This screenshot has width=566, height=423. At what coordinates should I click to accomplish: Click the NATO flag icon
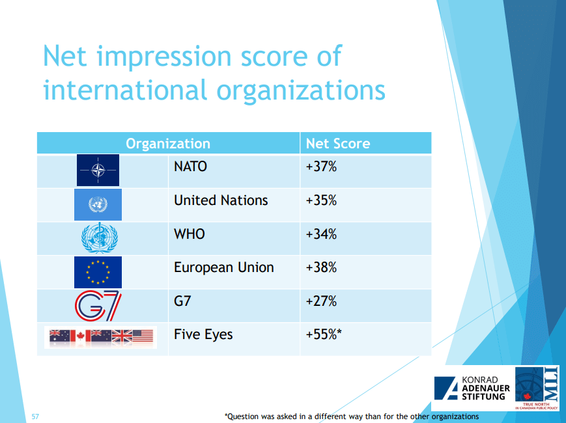pos(98,171)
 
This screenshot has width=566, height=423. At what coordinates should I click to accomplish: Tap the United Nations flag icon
pos(98,204)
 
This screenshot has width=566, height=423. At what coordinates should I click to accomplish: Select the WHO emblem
pos(99,238)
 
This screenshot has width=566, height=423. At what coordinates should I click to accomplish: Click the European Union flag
pos(98,272)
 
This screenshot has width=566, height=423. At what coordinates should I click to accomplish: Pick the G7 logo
pos(98,306)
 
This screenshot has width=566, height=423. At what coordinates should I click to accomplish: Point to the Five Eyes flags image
pos(101,337)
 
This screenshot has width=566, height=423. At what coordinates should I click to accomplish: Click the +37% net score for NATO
pos(321,167)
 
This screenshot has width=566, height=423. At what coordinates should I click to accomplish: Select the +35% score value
pos(321,200)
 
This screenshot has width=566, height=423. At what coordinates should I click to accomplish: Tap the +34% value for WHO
pos(321,234)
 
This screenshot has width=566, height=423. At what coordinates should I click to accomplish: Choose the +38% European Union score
pos(321,267)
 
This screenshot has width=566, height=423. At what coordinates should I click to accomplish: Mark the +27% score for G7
pos(321,301)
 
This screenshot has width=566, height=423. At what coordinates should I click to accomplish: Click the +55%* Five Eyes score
pos(324,334)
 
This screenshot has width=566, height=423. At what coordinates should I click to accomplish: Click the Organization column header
pos(168,144)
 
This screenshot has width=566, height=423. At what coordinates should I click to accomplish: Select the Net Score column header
pos(338,144)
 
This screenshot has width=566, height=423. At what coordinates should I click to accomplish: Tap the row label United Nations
pos(221,200)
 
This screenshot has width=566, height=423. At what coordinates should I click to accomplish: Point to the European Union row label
pos(224,267)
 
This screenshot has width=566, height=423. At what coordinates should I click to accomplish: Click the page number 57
pos(35,416)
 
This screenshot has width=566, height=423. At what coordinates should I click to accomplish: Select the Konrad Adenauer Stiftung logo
pos(472,388)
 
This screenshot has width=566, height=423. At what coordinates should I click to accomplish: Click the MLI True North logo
pos(537,389)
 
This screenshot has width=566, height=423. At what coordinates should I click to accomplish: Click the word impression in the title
pos(164,57)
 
